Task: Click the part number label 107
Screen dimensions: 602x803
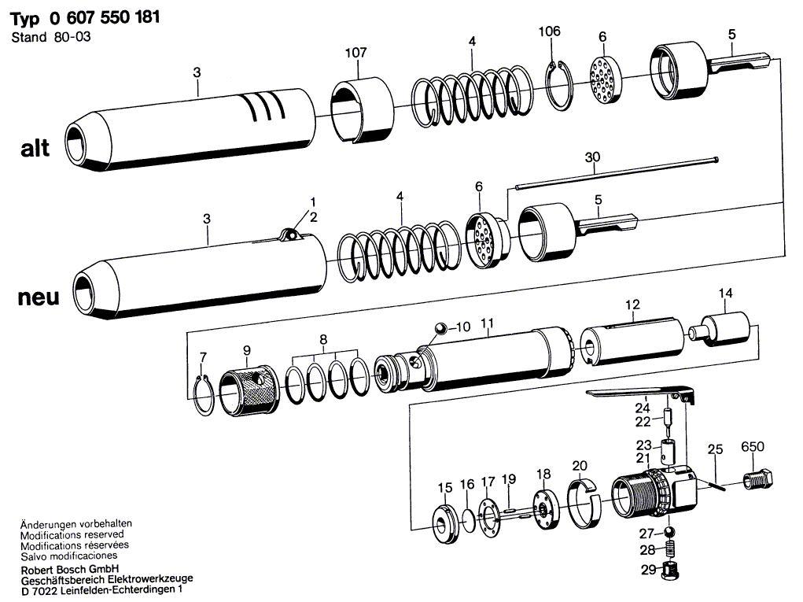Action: pyautogui.click(x=356, y=53)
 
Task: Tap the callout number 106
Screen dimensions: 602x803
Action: pyautogui.click(x=549, y=31)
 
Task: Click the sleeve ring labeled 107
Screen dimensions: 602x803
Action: pyautogui.click(x=359, y=111)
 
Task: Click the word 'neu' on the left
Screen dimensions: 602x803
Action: pyautogui.click(x=35, y=298)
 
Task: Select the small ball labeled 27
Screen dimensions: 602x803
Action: pyautogui.click(x=668, y=533)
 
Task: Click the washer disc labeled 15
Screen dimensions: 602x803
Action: pyautogui.click(x=445, y=524)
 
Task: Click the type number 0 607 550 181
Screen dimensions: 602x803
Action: pyautogui.click(x=98, y=18)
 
